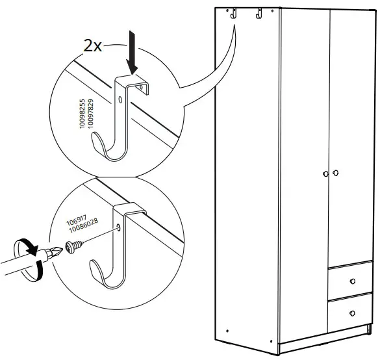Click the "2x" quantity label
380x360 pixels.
click(x=92, y=46)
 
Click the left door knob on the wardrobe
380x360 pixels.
click(x=324, y=174)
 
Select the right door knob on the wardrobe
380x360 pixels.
click(x=336, y=174)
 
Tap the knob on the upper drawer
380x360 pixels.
click(x=353, y=281)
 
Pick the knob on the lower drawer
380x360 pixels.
click(x=353, y=313)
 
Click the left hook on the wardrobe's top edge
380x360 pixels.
click(x=231, y=14)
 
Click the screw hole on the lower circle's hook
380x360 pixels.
click(x=120, y=227)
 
